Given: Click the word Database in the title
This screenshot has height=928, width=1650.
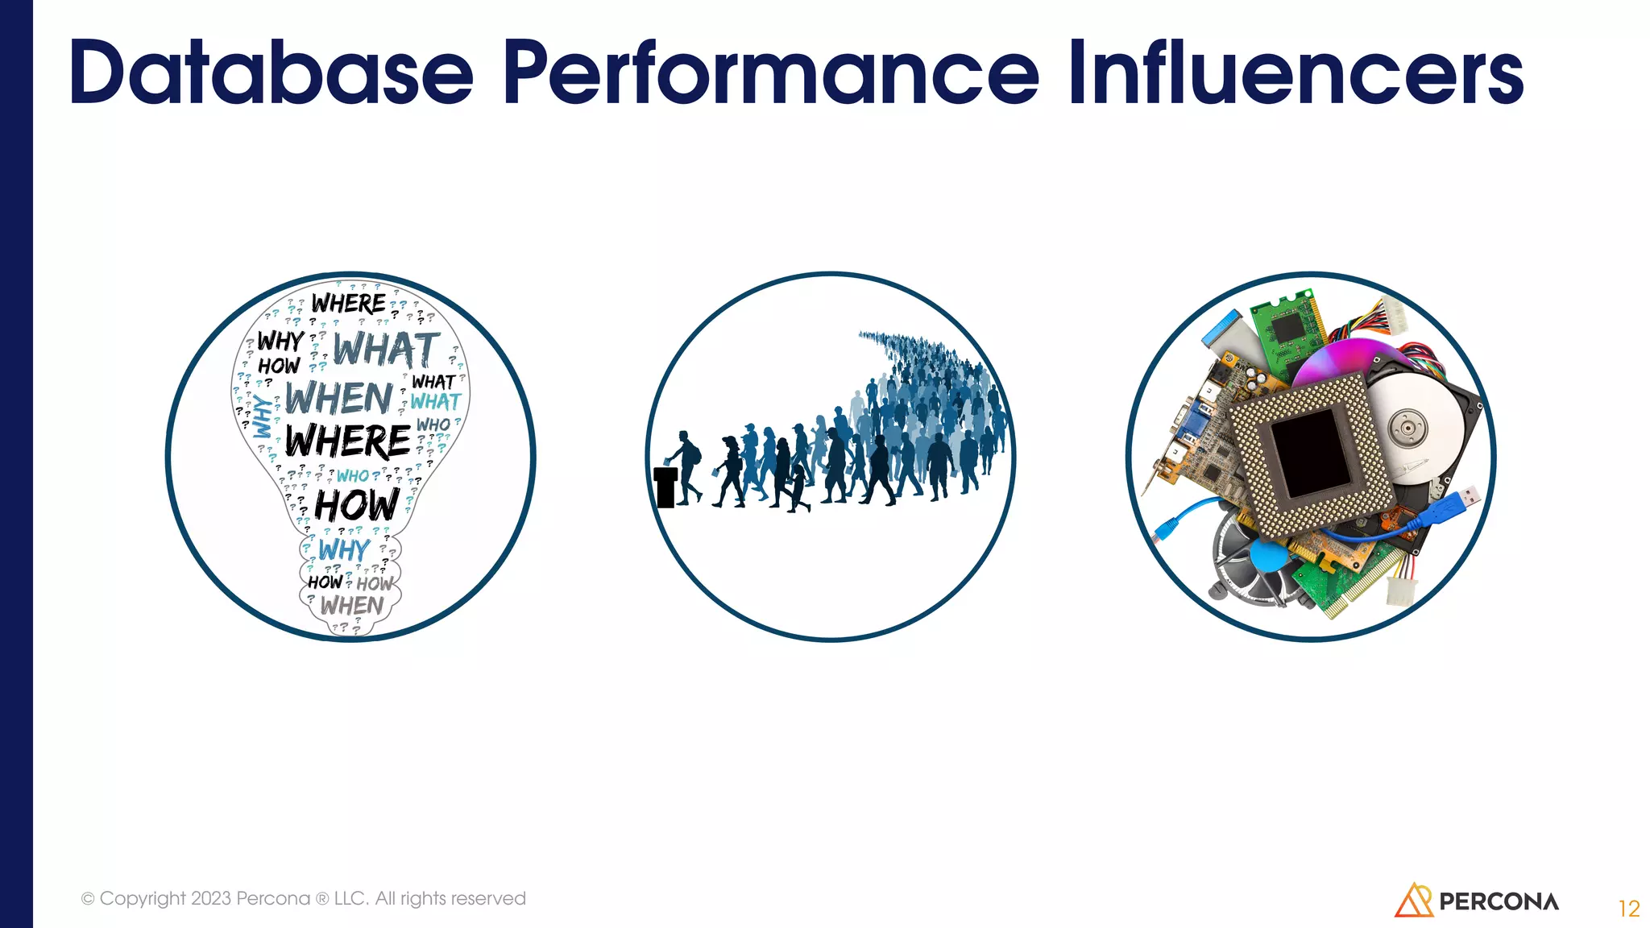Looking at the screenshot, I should pyautogui.click(x=271, y=72).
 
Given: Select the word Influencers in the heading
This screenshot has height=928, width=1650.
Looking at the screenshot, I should pyautogui.click(x=1296, y=72).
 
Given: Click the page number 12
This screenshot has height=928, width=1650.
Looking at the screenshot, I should pyautogui.click(x=1628, y=909).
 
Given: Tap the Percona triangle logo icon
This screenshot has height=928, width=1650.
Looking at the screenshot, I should pyautogui.click(x=1412, y=901).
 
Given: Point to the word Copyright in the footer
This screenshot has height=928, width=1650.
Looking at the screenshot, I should pyautogui.click(x=143, y=898).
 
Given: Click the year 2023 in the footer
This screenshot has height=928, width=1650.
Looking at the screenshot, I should pyautogui.click(x=211, y=898).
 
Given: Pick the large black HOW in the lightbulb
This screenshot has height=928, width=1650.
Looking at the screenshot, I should pyautogui.click(x=356, y=506).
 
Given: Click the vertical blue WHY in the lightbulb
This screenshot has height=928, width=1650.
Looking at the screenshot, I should pyautogui.click(x=263, y=416).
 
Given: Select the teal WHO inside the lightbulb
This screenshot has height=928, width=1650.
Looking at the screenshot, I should pyautogui.click(x=353, y=476).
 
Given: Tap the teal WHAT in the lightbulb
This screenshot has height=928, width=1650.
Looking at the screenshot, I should pyautogui.click(x=435, y=401).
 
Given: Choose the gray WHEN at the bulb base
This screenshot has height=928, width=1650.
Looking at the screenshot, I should pyautogui.click(x=352, y=605).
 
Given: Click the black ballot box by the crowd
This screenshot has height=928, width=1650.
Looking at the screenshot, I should pyautogui.click(x=665, y=487).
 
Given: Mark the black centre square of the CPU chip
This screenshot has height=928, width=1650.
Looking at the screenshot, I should pyautogui.click(x=1311, y=453).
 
